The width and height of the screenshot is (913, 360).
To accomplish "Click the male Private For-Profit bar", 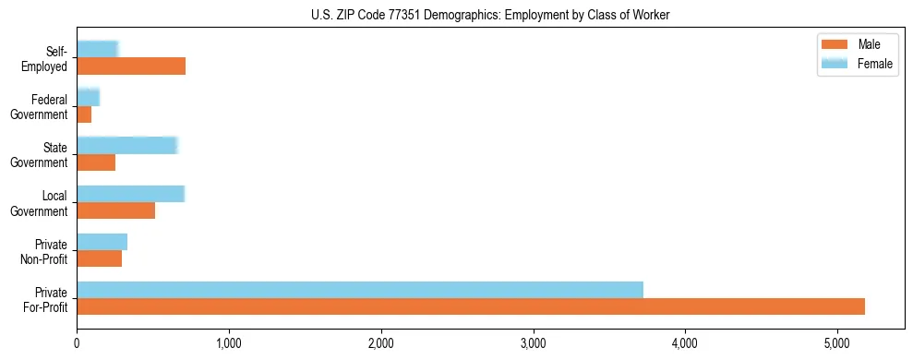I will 471,306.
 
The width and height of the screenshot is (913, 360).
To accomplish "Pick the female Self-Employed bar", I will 97,49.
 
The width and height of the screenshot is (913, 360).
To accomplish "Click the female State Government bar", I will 126,145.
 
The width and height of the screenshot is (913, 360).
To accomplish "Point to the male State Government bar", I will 96,162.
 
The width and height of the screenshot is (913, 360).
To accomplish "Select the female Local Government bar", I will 130,194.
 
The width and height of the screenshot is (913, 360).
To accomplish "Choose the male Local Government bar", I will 115,210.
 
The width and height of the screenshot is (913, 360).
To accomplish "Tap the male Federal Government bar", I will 84,114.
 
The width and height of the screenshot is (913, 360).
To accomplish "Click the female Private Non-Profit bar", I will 102,242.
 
